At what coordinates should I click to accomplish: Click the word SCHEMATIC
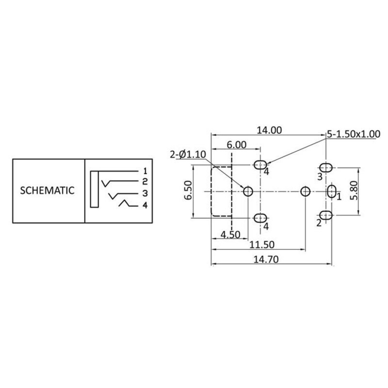point(47,190)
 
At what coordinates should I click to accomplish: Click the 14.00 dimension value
point(268,130)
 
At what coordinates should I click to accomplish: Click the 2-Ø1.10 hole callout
point(187,155)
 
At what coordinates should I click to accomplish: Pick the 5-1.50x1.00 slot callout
point(353,134)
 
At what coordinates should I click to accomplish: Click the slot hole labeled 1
point(331,191)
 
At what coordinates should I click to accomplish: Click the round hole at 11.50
point(306,191)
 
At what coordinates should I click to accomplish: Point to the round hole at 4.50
point(248,191)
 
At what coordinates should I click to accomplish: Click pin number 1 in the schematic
point(145,171)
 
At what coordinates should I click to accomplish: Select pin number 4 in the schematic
point(145,205)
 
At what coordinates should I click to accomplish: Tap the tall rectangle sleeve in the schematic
point(94,189)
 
